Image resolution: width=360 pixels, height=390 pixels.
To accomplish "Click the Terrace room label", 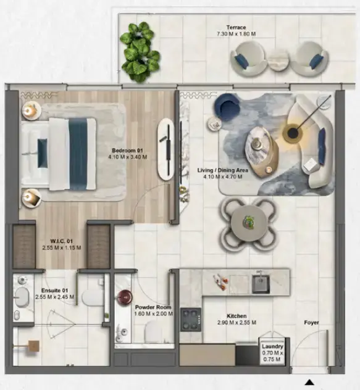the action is (x=236, y=27).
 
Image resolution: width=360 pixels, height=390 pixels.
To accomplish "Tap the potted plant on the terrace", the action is (x=140, y=52).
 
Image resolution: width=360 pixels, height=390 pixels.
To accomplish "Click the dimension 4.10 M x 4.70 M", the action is (x=222, y=177).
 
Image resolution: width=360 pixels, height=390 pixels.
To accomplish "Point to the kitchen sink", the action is (x=261, y=284).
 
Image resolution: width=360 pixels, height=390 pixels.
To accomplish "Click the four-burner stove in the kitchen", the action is (x=191, y=320).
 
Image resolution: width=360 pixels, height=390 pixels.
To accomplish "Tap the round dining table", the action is (x=249, y=222).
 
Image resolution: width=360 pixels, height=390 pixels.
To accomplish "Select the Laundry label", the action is (x=272, y=346).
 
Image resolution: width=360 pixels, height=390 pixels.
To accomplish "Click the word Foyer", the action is (x=311, y=323).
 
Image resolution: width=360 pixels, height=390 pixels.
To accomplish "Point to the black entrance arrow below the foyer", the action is (x=309, y=383).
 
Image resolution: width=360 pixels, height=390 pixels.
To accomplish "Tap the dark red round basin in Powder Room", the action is (x=125, y=297).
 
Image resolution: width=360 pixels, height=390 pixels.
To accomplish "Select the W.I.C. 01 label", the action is (x=62, y=241).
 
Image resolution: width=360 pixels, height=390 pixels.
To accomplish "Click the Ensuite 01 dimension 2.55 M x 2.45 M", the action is (x=54, y=297).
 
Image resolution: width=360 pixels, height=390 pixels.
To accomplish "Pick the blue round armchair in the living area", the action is (x=227, y=107).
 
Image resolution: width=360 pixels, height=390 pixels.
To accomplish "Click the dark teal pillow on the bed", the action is (x=43, y=153).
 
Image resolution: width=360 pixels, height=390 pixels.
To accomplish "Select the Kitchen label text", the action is (x=237, y=316).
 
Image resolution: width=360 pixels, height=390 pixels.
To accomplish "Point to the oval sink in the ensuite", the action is (x=21, y=297).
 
